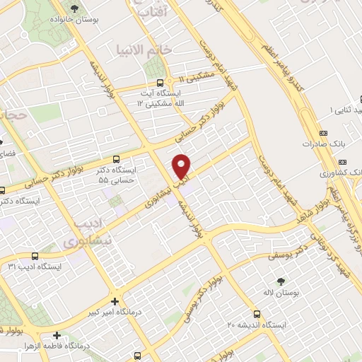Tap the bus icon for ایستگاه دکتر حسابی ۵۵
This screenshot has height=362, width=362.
click(x=116, y=158)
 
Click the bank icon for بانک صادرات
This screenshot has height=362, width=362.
click(x=324, y=133)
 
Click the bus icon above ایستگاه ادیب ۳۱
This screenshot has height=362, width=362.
click(x=35, y=256)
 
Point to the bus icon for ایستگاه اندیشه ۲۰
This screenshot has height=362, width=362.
click(x=256, y=315)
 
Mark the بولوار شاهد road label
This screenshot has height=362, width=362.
click(x=325, y=212)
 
